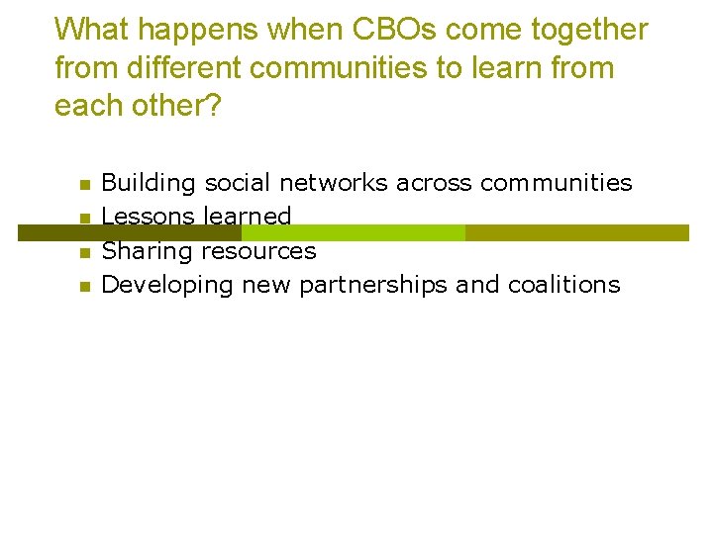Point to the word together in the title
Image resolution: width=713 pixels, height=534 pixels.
(x=592, y=30)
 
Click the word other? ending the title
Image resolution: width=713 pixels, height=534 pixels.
(x=176, y=106)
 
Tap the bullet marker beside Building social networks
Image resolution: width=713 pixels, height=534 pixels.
(x=85, y=184)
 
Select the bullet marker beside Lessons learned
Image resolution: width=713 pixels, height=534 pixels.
(x=85, y=218)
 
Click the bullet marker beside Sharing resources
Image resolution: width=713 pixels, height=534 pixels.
(x=85, y=253)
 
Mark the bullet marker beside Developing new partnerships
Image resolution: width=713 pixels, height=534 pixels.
(x=85, y=287)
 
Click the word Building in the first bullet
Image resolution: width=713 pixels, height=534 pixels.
(x=150, y=183)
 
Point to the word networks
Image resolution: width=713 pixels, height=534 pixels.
(x=334, y=183)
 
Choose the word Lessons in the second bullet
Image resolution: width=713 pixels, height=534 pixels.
(x=149, y=217)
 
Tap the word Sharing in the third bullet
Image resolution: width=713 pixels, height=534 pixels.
(x=149, y=251)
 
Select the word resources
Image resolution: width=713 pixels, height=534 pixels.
(x=259, y=251)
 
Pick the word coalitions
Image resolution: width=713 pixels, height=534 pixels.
(x=563, y=285)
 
